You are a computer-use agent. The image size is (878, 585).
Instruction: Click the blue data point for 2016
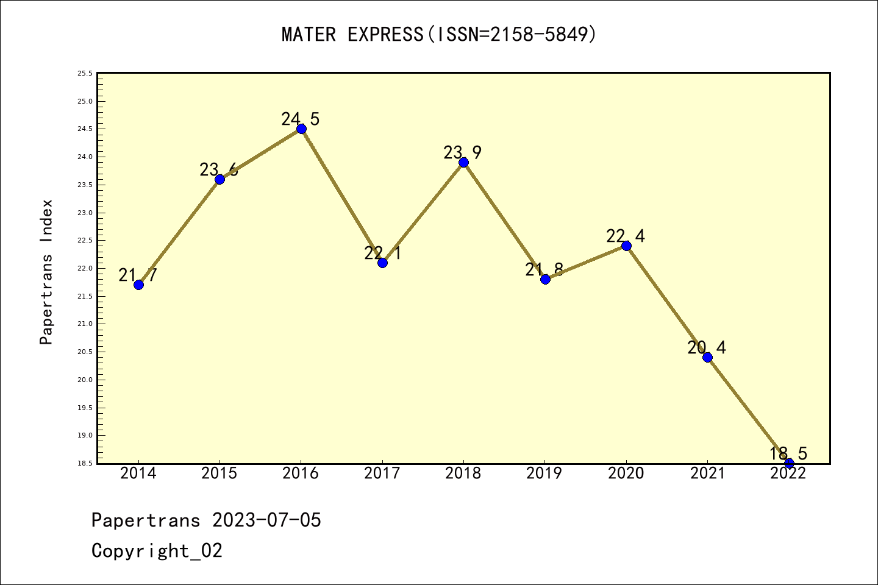(301, 129)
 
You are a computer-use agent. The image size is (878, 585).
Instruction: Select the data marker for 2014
(138, 285)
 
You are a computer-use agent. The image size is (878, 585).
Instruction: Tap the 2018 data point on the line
(463, 162)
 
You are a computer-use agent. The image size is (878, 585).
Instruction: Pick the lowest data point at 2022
(789, 463)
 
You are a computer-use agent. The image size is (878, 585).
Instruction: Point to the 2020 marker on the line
(626, 246)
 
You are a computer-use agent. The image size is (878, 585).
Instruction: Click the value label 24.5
(300, 119)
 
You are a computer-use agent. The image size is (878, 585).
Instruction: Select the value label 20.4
(707, 347)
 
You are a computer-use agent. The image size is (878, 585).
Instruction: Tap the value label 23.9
(462, 152)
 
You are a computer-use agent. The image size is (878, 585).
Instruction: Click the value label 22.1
(382, 253)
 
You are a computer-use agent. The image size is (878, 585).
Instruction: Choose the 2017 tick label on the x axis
(382, 473)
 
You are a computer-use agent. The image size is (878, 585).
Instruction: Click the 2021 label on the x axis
(707, 473)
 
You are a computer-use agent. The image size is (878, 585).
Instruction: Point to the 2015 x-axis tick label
(220, 473)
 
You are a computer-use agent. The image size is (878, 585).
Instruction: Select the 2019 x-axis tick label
(544, 473)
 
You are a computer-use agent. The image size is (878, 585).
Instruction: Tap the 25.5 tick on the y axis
(85, 74)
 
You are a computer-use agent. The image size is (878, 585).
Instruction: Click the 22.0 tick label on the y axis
(85, 269)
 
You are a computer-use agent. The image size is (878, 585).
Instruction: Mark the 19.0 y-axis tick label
(85, 436)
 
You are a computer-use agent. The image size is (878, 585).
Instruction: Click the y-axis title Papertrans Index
(46, 272)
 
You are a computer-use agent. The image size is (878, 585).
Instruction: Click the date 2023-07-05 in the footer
(266, 520)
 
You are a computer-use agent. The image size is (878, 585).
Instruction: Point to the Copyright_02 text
(157, 551)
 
